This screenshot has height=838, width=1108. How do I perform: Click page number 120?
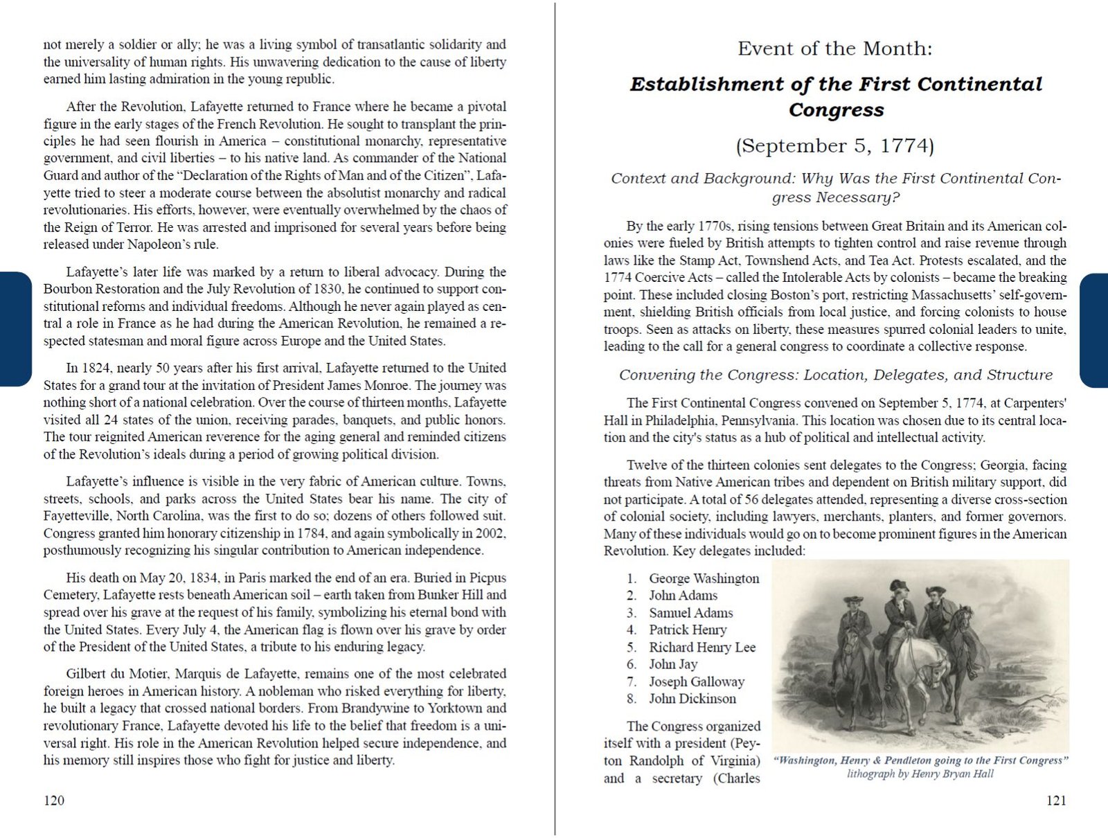(x=53, y=801)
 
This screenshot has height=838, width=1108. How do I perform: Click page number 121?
(x=1056, y=801)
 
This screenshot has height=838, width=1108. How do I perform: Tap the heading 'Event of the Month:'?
(x=834, y=48)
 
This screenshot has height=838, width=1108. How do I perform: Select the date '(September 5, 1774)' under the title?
(x=834, y=146)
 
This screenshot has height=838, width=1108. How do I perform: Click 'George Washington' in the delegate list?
(x=704, y=578)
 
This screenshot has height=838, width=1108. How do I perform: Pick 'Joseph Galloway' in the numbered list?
(x=696, y=681)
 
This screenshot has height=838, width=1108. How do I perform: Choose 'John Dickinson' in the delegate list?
(x=692, y=699)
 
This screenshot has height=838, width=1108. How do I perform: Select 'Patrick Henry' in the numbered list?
(x=688, y=630)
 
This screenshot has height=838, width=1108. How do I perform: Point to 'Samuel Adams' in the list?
(x=690, y=613)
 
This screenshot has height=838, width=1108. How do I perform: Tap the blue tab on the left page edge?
(x=15, y=329)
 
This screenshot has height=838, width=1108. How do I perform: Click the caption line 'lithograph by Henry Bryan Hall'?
(x=920, y=774)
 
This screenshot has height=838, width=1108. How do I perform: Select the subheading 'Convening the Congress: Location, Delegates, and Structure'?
(x=835, y=375)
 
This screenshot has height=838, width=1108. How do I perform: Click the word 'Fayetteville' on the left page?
(x=76, y=516)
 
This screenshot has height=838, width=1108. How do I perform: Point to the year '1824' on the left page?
(x=96, y=368)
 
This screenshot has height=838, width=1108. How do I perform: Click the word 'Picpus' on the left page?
(x=488, y=578)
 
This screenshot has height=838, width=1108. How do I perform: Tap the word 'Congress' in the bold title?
(x=836, y=110)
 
